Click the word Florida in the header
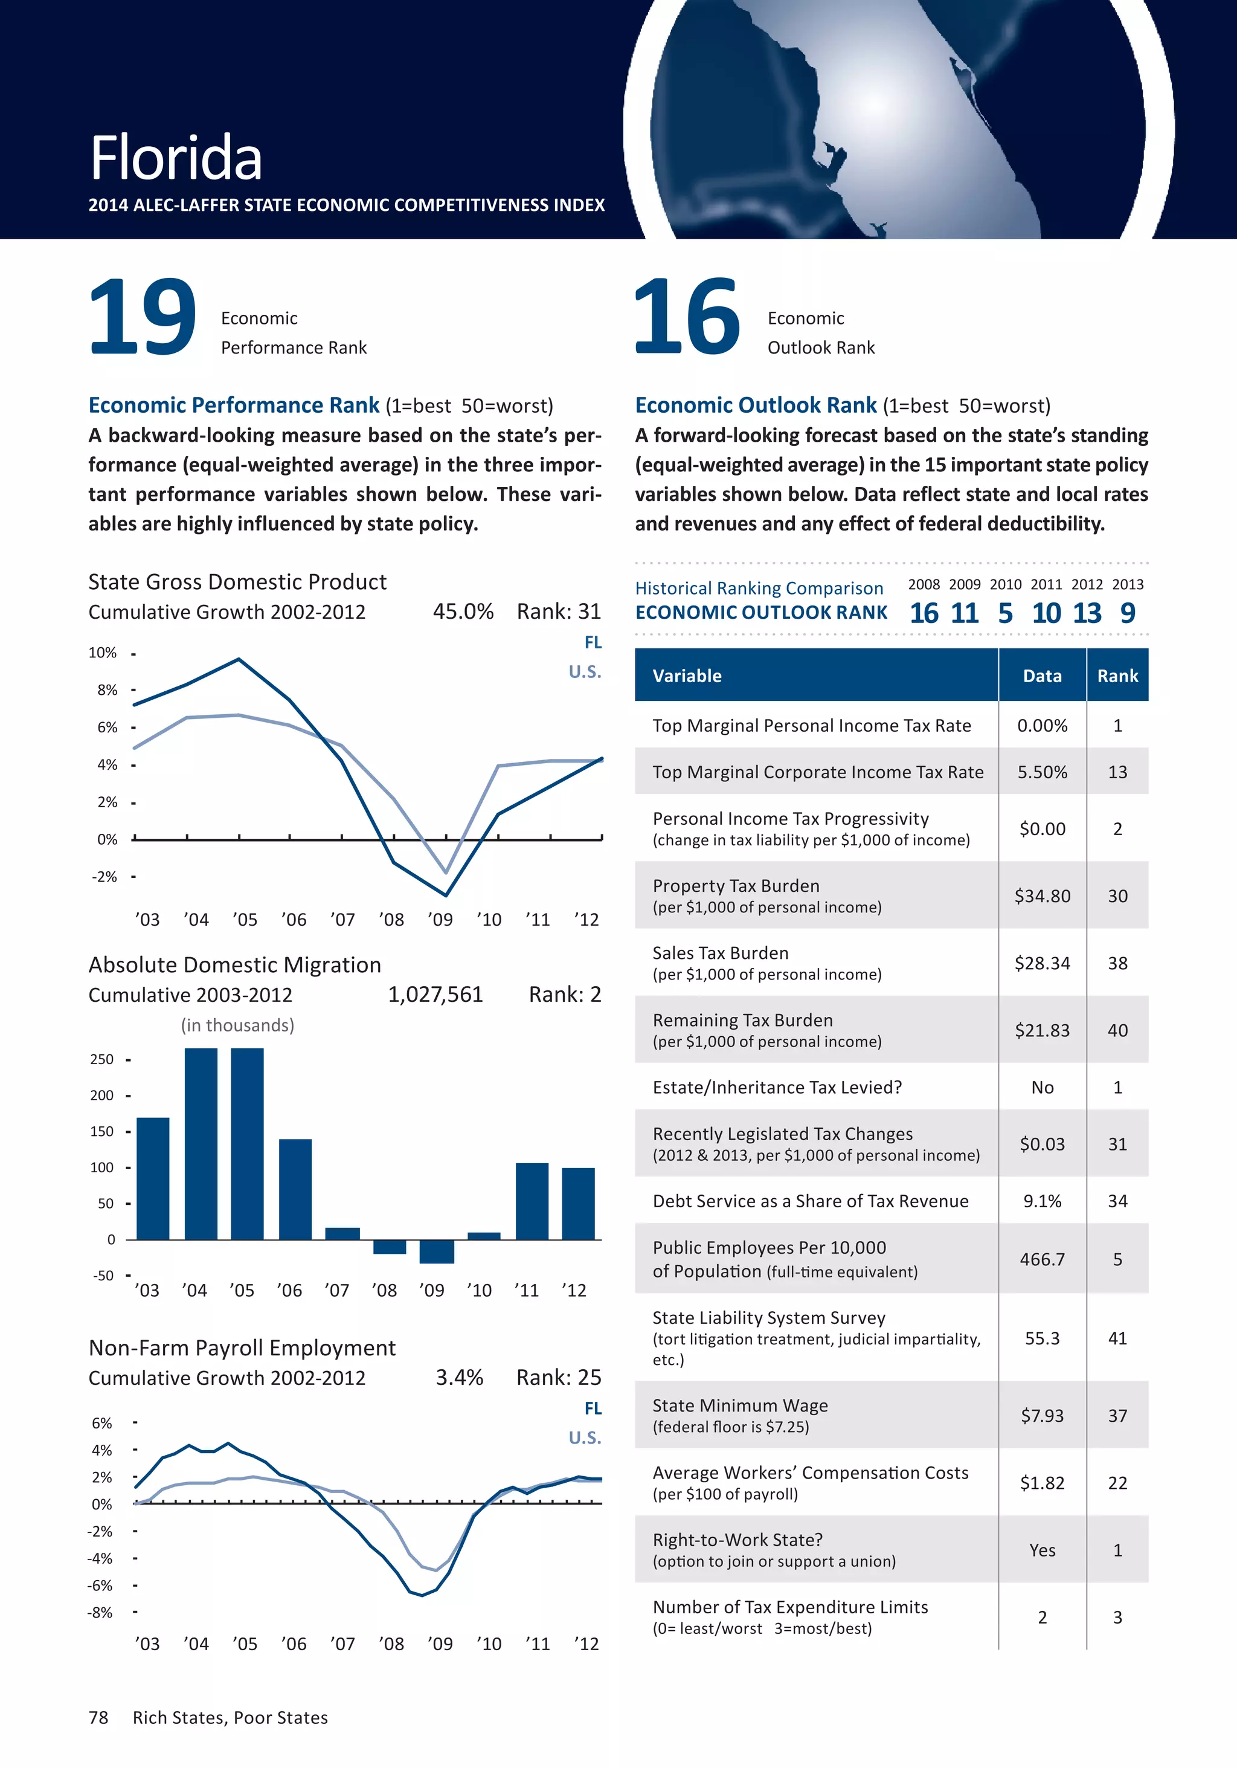click(176, 158)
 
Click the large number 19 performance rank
click(143, 317)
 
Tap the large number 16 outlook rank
click(687, 317)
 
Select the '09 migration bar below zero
click(437, 1251)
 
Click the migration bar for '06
click(295, 1189)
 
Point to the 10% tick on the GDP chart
click(102, 653)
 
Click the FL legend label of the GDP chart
click(593, 642)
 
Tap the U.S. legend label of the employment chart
click(584, 1437)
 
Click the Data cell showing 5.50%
click(1043, 772)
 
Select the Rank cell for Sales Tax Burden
click(1117, 963)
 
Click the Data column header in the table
click(1043, 676)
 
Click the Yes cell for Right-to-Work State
click(1043, 1550)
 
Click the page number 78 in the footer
click(98, 1717)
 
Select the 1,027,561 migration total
click(435, 995)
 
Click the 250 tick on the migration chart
click(101, 1060)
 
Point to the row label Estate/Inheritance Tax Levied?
click(777, 1087)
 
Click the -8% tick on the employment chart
click(100, 1613)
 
